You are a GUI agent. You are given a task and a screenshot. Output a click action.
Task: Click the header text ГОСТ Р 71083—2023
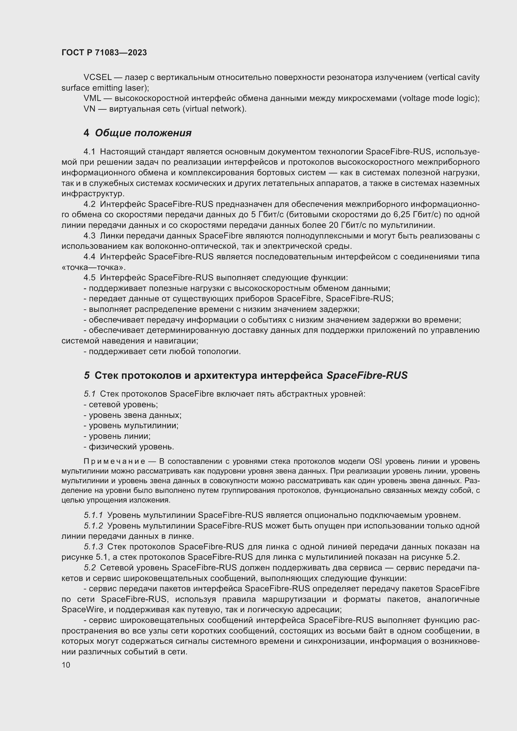click(104, 53)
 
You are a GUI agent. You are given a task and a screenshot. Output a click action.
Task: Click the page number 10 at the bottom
click(66, 665)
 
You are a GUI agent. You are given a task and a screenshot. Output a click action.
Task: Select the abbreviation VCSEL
click(98, 78)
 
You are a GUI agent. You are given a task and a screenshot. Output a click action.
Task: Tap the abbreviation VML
click(92, 98)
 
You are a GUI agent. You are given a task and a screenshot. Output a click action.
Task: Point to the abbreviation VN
click(89, 109)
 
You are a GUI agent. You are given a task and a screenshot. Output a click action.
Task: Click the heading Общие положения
click(143, 133)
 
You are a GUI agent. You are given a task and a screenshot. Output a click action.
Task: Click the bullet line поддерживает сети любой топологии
click(162, 352)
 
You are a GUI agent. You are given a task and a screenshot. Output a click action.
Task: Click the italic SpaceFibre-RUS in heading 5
click(367, 375)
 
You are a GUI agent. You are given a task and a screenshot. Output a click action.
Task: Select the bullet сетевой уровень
click(121, 404)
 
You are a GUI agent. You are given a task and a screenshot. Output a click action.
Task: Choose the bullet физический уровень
click(129, 447)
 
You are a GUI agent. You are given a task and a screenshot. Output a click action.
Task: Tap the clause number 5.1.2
click(93, 526)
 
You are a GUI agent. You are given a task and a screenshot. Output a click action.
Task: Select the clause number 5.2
click(90, 568)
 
